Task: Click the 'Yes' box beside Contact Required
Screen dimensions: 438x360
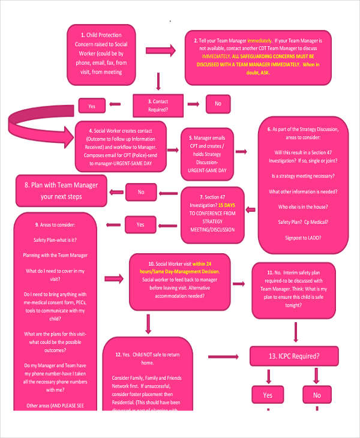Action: [x=92, y=106]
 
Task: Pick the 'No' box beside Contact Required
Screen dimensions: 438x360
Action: [x=217, y=104]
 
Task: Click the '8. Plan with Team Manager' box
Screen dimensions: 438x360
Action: [x=61, y=190]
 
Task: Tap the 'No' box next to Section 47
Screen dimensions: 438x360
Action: [x=141, y=192]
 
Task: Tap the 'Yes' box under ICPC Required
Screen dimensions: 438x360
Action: [x=268, y=395]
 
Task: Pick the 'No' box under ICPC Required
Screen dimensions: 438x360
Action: [x=317, y=395]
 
